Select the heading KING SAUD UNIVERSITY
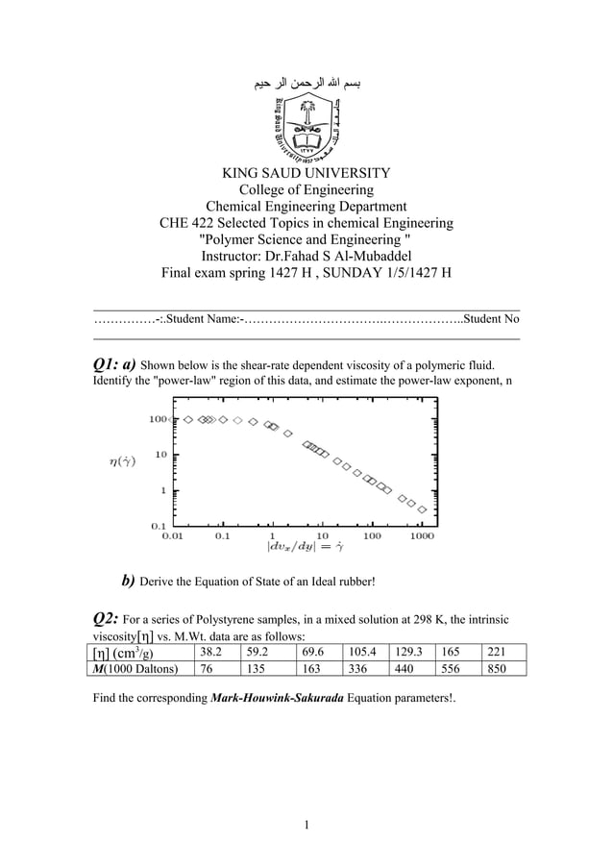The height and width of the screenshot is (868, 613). (306, 173)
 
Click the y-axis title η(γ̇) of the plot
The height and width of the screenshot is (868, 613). (120, 460)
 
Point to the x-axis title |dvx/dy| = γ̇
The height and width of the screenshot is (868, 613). (305, 548)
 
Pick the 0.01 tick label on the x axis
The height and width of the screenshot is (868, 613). (173, 535)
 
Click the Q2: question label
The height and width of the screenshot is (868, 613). (105, 617)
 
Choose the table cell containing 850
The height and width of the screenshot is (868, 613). (497, 669)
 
